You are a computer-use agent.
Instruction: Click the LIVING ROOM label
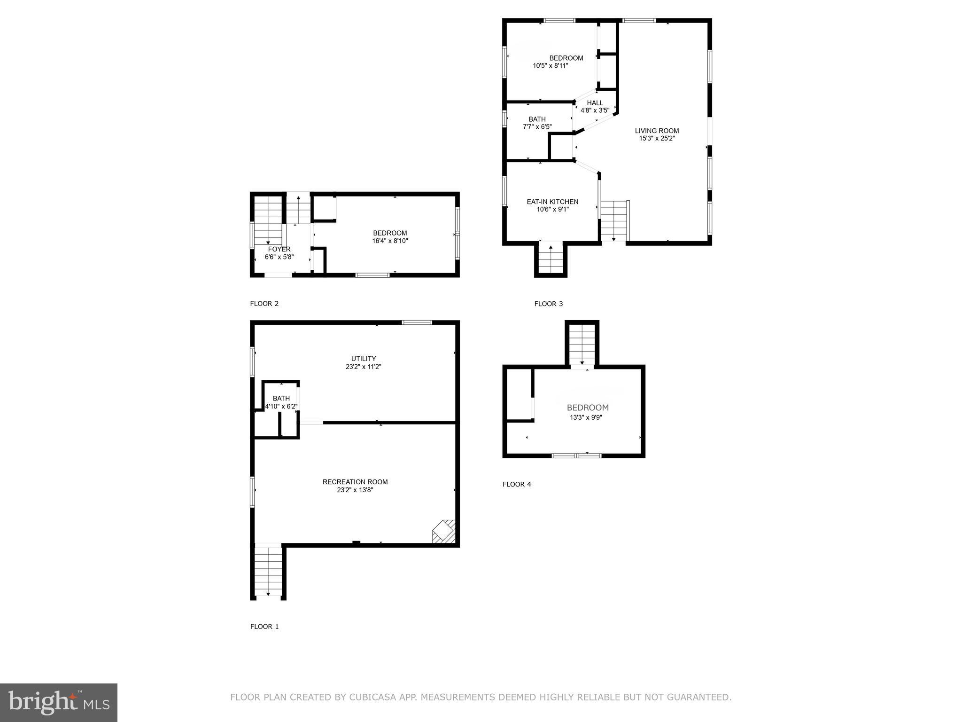pyautogui.click(x=657, y=131)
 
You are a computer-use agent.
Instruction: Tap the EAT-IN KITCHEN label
pyautogui.click(x=552, y=202)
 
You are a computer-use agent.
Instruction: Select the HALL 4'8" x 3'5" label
pyautogui.click(x=595, y=107)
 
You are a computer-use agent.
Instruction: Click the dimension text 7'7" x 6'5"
pyautogui.click(x=537, y=127)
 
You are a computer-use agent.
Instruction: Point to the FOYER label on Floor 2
pyautogui.click(x=279, y=249)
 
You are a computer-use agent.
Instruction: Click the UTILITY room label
pyautogui.click(x=364, y=359)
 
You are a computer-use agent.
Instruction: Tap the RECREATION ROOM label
pyautogui.click(x=355, y=482)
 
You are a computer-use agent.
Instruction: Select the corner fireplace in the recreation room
pyautogui.click(x=444, y=532)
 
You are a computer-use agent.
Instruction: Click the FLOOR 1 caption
pyautogui.click(x=264, y=627)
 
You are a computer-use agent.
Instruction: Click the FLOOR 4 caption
pyautogui.click(x=517, y=484)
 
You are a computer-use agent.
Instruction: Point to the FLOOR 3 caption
pyautogui.click(x=548, y=304)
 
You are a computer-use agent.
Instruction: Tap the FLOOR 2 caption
pyautogui.click(x=264, y=304)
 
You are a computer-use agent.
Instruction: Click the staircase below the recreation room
pyautogui.click(x=268, y=572)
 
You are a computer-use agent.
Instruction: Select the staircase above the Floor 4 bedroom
pyautogui.click(x=582, y=345)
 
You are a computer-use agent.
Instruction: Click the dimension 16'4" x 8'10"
pyautogui.click(x=390, y=241)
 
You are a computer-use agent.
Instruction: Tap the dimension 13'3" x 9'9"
pyautogui.click(x=586, y=417)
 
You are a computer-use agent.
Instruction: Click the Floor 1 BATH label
pyautogui.click(x=281, y=399)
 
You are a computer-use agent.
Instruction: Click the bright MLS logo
pyautogui.click(x=59, y=702)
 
